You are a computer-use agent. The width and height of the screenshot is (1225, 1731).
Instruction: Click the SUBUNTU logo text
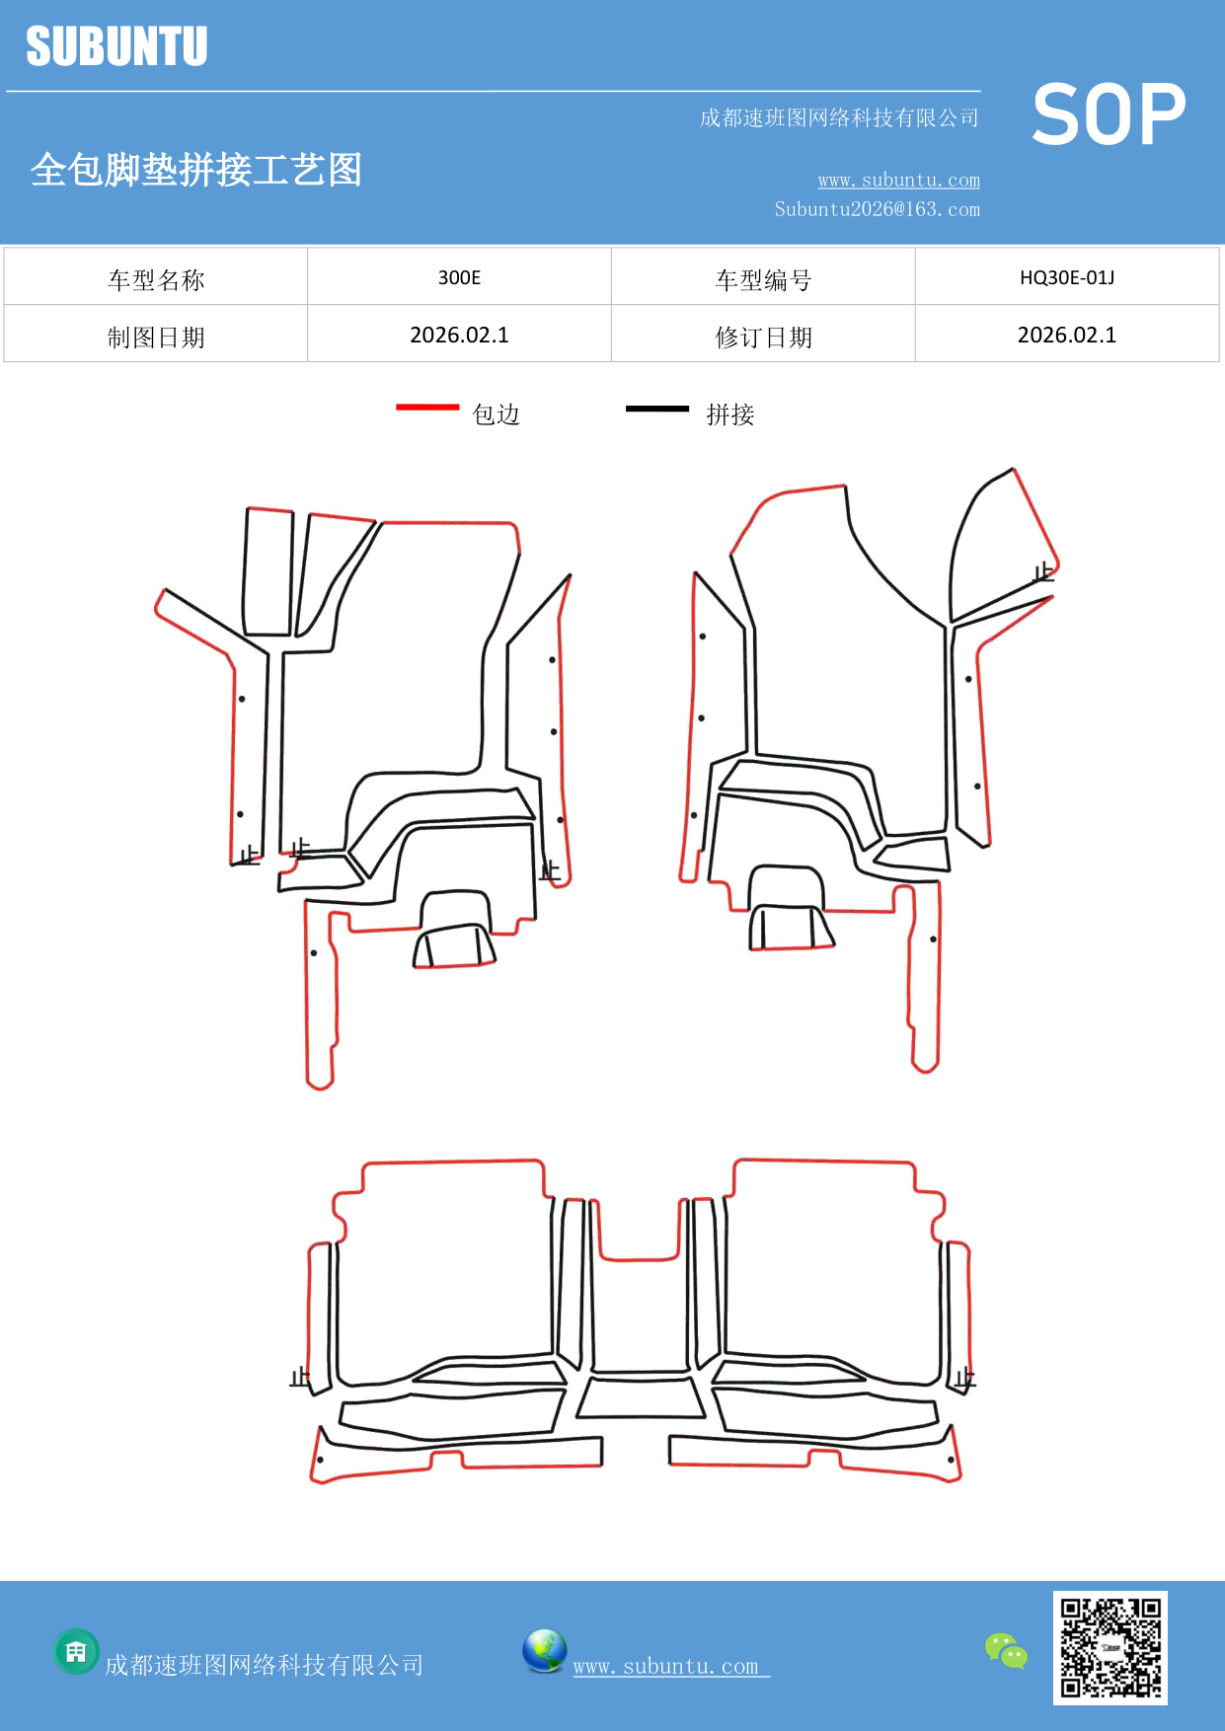pos(116,46)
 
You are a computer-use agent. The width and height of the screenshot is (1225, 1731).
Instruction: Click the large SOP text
pos(1109,115)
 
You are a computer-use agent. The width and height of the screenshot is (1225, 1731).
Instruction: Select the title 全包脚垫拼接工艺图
pos(196,170)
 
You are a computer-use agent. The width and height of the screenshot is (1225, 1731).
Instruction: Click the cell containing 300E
pos(459,277)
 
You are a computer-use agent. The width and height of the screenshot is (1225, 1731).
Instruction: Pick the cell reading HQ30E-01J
pos(1066,277)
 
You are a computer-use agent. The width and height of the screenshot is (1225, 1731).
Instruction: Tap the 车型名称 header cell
pos(156,279)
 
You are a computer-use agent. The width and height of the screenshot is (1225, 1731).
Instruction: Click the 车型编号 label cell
pos(763,279)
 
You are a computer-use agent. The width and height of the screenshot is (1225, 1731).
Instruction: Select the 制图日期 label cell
pos(156,337)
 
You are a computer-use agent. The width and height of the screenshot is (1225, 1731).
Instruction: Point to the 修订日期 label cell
pos(763,337)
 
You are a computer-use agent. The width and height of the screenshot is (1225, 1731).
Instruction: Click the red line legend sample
pos(427,407)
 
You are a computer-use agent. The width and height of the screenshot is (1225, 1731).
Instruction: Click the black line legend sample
pos(656,408)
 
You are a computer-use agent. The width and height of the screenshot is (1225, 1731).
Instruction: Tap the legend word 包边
pos(496,414)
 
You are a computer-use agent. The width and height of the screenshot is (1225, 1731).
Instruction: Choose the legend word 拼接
pos(730,414)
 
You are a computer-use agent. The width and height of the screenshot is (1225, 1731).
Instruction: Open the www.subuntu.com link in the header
pos(898,180)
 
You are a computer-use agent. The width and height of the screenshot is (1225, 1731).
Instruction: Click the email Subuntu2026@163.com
pos(877,209)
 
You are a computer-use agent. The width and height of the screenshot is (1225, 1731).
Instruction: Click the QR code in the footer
pos(1110,1647)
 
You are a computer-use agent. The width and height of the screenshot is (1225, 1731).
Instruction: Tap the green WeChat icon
pos(1006,1650)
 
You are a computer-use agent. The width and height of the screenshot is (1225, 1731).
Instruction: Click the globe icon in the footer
pos(544,1651)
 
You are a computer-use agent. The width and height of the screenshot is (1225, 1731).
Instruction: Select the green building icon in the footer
pos(76,1651)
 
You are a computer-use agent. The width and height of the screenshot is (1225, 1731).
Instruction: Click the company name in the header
pos(839,118)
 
